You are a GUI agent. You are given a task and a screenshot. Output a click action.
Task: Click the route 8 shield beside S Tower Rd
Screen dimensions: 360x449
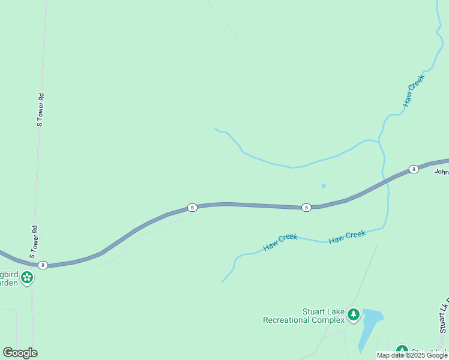43,265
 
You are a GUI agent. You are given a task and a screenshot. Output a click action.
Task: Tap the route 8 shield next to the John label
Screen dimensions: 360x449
414,169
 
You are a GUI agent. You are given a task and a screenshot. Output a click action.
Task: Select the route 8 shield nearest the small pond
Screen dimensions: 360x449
306,208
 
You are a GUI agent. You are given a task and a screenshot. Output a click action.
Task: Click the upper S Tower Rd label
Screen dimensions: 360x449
40,110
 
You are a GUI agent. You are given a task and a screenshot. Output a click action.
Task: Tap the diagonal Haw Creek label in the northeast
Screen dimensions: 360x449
414,90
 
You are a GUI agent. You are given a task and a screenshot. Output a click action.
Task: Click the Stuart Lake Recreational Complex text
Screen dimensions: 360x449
304,316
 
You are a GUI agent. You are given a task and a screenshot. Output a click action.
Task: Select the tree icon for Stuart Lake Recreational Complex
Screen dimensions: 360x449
354,314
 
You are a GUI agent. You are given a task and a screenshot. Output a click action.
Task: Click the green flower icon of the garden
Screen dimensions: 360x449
26,277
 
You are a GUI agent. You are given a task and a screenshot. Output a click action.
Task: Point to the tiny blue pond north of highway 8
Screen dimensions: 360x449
324,186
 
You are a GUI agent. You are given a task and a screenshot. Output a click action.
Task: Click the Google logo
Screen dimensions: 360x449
20,353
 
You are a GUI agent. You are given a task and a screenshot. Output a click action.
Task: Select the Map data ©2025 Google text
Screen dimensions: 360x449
412,355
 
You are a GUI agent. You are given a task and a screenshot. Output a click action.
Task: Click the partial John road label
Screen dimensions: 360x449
441,172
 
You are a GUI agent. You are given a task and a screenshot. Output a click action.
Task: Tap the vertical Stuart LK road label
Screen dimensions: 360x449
444,315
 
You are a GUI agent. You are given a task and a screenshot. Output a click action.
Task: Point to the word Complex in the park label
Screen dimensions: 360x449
328,320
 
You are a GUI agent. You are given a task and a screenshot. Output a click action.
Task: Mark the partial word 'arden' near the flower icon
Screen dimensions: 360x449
9,283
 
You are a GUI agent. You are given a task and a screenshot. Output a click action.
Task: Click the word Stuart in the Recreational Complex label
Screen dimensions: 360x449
315,311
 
